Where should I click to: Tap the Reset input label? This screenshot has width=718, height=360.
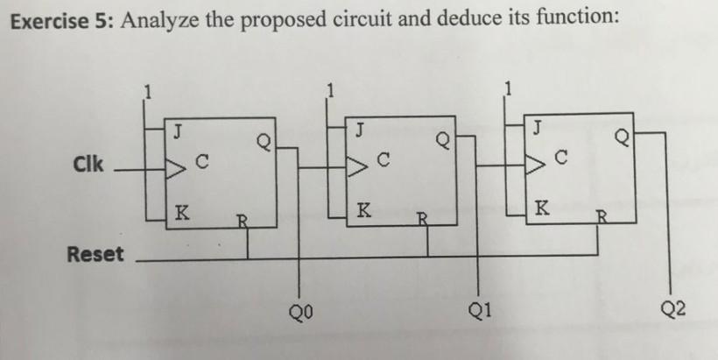tap(95, 255)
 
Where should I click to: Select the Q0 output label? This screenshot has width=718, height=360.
tap(302, 308)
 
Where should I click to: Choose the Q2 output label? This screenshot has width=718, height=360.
tap(674, 308)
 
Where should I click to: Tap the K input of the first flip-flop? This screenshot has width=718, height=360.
tap(180, 211)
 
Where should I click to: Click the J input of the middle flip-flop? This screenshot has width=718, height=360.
tap(359, 131)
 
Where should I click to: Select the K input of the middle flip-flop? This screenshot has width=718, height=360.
tap(363, 211)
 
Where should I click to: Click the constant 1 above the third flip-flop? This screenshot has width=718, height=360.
tap(508, 87)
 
